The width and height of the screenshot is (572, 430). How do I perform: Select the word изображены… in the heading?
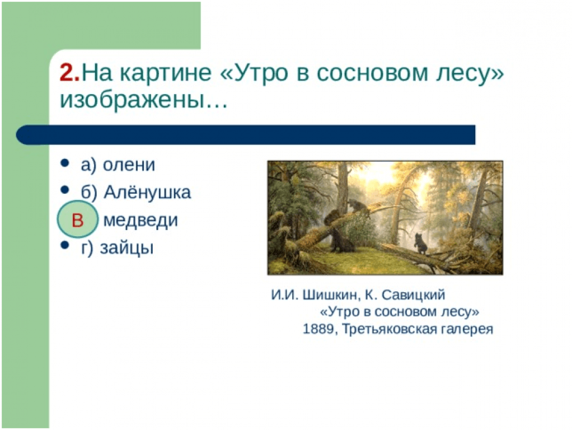144,100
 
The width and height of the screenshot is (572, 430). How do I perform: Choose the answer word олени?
129,165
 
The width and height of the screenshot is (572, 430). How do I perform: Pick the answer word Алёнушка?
147,193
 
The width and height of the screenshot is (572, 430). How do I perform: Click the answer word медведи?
141,220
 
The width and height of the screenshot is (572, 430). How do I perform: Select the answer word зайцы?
127,248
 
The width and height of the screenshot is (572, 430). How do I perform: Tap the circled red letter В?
77,220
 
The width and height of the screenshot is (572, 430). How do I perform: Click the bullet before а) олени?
65,162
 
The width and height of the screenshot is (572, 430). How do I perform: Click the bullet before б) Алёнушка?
65,190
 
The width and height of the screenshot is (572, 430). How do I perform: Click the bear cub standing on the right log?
420,244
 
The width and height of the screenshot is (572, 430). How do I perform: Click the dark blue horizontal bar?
246,135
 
